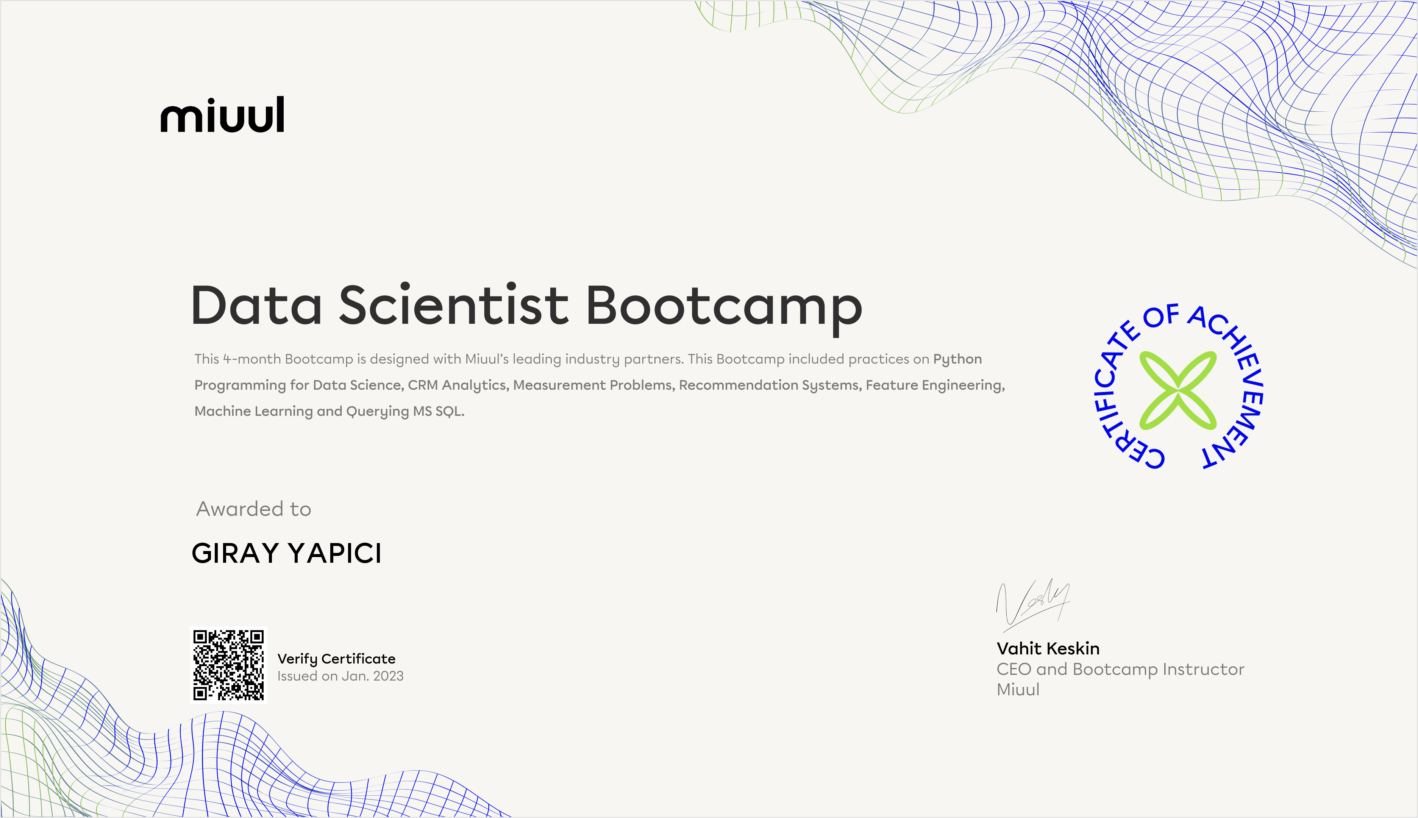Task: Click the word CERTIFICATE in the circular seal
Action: point(1118,393)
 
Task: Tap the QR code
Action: point(228,665)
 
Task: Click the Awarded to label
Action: point(253,509)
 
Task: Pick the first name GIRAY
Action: point(236,553)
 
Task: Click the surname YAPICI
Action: point(335,553)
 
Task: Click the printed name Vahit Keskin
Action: point(1048,648)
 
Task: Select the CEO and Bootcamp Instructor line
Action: point(1120,669)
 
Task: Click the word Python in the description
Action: point(957,359)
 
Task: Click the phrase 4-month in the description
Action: point(252,359)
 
